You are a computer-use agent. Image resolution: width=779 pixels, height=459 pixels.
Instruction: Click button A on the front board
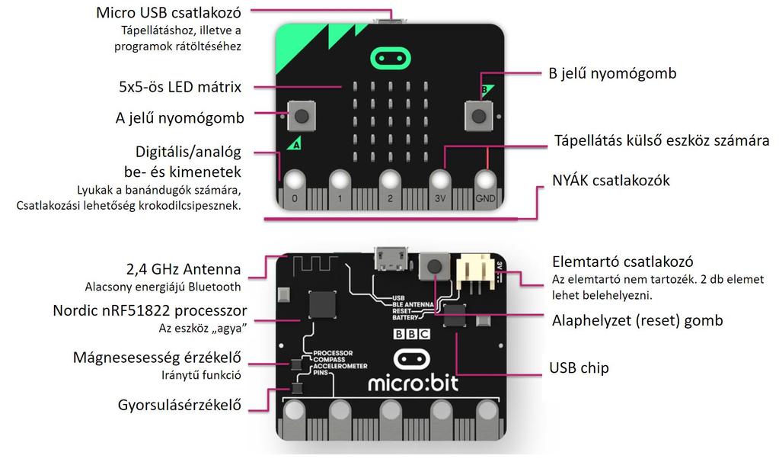pos(302,117)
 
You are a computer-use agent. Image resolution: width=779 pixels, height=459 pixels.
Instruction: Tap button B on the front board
pos(478,117)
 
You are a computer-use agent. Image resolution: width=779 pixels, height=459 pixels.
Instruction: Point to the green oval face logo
pos(389,58)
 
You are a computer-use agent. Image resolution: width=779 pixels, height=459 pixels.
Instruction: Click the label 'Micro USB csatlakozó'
pos(168,13)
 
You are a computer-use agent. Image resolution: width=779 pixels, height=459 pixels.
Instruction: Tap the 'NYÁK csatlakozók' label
pos(611,180)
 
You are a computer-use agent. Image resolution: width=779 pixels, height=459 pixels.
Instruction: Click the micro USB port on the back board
pos(390,260)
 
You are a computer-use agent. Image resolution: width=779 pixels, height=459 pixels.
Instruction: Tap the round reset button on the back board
pos(435,267)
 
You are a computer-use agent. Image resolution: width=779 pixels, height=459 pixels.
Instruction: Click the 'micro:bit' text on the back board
pos(413,380)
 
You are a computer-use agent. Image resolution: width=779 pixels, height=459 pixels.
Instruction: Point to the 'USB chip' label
pos(579,368)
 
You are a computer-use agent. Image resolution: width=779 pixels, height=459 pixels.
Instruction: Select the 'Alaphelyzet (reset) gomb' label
pos(637,321)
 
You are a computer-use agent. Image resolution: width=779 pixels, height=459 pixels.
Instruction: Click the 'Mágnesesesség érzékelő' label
pos(157,358)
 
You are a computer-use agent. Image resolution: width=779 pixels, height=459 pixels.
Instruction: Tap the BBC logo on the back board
pos(411,334)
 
